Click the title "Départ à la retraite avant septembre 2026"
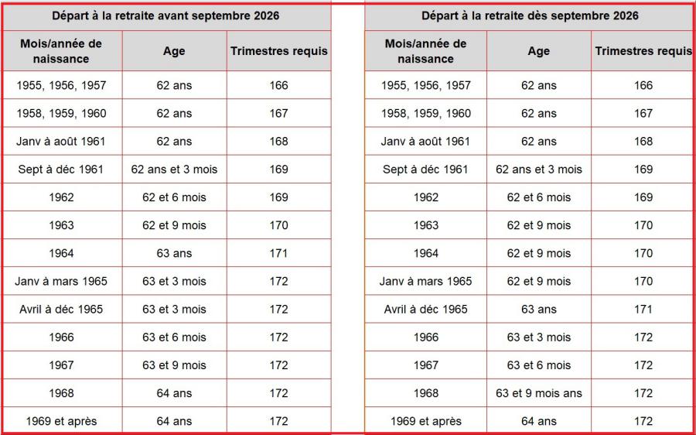click(x=165, y=15)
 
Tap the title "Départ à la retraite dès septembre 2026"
click(x=530, y=15)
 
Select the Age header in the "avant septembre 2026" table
click(x=174, y=51)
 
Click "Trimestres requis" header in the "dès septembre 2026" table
click(x=643, y=51)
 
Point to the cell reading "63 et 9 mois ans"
click(x=539, y=393)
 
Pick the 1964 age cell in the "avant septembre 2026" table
click(x=174, y=253)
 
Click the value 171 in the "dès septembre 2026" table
click(x=643, y=309)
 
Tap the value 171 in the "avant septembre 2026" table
click(x=278, y=253)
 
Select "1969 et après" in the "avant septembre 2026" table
click(x=61, y=421)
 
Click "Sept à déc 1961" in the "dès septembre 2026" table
click(x=425, y=170)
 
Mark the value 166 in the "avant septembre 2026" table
click(x=278, y=85)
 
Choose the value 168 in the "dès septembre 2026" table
click(x=643, y=142)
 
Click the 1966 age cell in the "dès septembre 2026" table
click(x=539, y=337)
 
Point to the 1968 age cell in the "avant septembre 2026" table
click(x=174, y=393)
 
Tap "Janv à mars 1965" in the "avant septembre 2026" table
click(x=61, y=281)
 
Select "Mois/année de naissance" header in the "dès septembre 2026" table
click(x=425, y=51)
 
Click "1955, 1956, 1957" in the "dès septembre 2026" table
click(x=425, y=85)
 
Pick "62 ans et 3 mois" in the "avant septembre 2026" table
click(x=174, y=170)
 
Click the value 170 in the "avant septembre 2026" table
click(x=278, y=225)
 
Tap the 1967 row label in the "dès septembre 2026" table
click(x=425, y=365)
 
